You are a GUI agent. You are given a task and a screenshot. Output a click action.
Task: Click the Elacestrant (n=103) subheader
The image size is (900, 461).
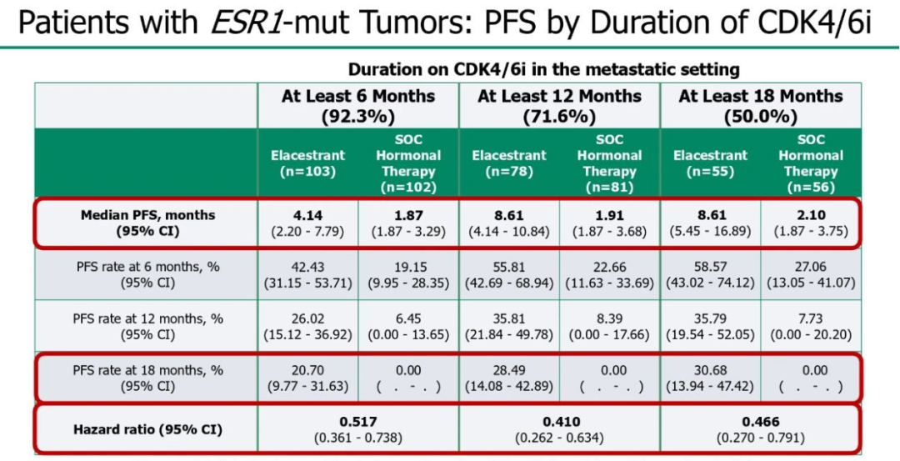[308, 163]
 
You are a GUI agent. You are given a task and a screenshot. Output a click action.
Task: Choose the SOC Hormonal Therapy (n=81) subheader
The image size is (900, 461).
[609, 163]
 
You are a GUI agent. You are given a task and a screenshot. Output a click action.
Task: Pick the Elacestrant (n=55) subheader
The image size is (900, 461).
[711, 163]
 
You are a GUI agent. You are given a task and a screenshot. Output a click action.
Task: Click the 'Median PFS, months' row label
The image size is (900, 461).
[147, 216]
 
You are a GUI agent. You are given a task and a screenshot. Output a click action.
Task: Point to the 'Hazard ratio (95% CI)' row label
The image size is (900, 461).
[147, 428]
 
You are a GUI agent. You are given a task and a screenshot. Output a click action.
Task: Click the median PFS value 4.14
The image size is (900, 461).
[308, 215]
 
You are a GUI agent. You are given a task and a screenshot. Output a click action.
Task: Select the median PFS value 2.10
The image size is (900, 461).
[811, 215]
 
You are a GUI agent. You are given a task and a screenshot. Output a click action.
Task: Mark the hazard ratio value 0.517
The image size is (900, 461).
[358, 421]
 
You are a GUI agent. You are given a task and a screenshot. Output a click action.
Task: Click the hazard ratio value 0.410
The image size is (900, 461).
[559, 421]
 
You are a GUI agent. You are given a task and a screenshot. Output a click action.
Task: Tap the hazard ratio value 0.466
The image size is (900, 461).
[761, 421]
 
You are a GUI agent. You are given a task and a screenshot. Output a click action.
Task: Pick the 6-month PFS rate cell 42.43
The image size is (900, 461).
[308, 268]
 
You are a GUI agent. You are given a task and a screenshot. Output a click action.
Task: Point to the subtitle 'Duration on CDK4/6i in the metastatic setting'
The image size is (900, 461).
[543, 71]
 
